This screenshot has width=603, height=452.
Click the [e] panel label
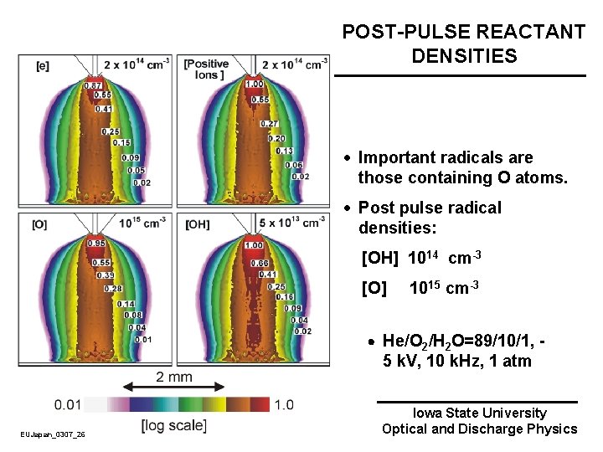(42, 64)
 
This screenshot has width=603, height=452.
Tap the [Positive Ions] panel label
(205, 69)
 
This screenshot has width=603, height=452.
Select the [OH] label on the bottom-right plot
(198, 223)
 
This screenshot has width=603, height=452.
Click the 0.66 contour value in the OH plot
(260, 263)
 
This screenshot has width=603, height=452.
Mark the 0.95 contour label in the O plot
(96, 244)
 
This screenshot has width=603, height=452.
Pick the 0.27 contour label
(270, 124)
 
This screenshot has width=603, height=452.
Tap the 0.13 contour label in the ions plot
(285, 151)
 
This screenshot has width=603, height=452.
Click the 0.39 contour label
(106, 275)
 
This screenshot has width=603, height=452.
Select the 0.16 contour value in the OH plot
(285, 297)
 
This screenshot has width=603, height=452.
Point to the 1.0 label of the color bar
(284, 405)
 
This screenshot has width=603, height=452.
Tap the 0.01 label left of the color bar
(68, 405)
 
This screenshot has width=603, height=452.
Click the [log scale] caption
(173, 425)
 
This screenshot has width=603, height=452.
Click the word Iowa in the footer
(429, 413)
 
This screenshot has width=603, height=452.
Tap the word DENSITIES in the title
(464, 56)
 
